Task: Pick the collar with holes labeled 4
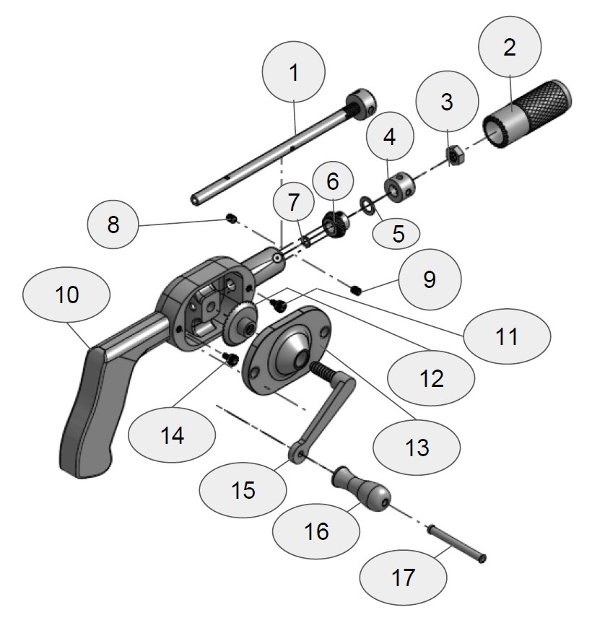point(399,186)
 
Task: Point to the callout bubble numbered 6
point(332,180)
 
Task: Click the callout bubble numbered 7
point(293,204)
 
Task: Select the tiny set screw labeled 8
point(232,218)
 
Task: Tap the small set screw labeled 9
point(357,290)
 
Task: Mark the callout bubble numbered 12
point(431,378)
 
